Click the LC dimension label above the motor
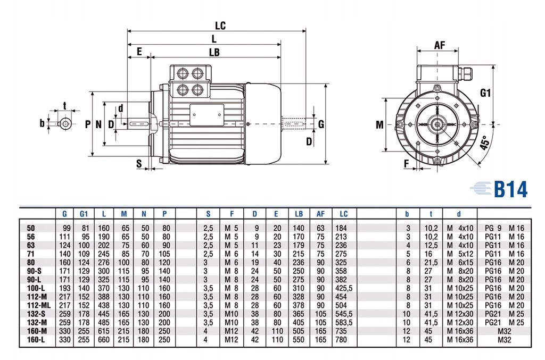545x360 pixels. pyautogui.click(x=220, y=25)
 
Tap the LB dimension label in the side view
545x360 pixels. pyautogui.click(x=214, y=52)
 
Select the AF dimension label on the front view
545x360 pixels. pyautogui.click(x=439, y=45)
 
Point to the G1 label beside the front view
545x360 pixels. pyautogui.click(x=485, y=93)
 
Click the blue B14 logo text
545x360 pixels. pyautogui.click(x=510, y=189)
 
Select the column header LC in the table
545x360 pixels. pyautogui.click(x=343, y=214)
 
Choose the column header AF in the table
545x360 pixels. pyautogui.click(x=320, y=214)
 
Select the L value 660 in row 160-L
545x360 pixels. pyautogui.click(x=103, y=339)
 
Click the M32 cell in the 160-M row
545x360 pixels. pyautogui.click(x=503, y=331)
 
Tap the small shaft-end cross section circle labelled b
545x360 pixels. pyautogui.click(x=65, y=124)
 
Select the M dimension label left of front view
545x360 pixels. pyautogui.click(x=379, y=125)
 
